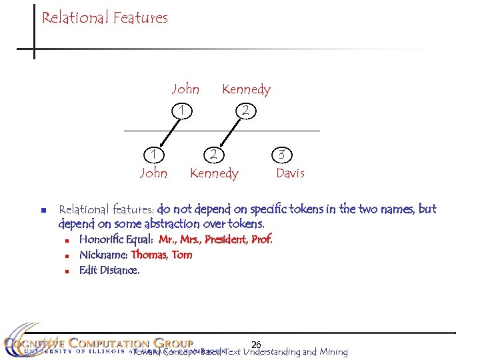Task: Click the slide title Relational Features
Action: coord(105,18)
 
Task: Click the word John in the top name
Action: coord(185,89)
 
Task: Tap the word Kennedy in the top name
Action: coord(246,89)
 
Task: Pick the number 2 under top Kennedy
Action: coord(246,111)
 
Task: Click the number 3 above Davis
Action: coord(282,154)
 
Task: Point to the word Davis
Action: coord(290,173)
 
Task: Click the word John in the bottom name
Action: coord(153,173)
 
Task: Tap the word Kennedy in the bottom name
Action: coord(214,173)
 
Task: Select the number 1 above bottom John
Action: coord(153,154)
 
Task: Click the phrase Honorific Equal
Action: coord(117,239)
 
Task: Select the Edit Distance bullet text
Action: coord(109,270)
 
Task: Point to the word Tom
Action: coord(182,255)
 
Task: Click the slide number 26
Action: coord(255,344)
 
